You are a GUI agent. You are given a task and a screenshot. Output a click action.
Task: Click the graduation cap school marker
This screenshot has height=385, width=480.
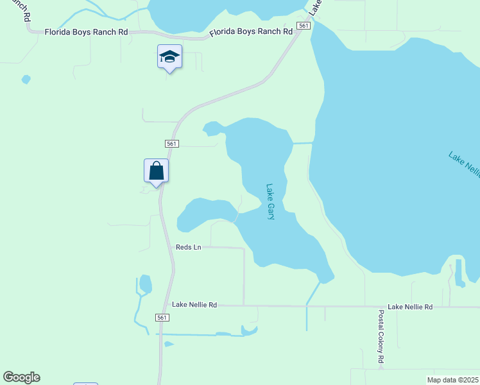pyautogui.click(x=169, y=57)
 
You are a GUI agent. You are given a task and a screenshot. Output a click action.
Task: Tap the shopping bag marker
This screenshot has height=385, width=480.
pyautogui.click(x=156, y=171)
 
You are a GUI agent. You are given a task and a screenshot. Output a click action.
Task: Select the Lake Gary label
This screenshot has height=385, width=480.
pyautogui.click(x=270, y=202)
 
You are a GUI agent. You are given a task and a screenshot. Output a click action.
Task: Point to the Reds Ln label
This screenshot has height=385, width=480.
pyautogui.click(x=189, y=247)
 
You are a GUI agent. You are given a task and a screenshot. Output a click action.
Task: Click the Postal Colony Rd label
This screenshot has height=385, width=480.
pyautogui.click(x=381, y=338)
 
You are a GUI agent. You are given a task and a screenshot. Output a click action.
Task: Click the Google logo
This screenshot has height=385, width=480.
pyautogui.click(x=21, y=377)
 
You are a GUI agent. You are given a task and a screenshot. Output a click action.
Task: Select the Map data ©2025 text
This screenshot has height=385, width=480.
pyautogui.click(x=453, y=380)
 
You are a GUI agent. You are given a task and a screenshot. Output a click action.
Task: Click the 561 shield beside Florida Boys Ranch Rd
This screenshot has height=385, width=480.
pyautogui.click(x=304, y=26)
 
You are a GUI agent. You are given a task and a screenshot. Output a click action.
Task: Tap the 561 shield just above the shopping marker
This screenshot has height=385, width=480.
pyautogui.click(x=171, y=144)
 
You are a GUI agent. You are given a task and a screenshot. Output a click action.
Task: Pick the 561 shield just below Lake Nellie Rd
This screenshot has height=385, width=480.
pyautogui.click(x=162, y=318)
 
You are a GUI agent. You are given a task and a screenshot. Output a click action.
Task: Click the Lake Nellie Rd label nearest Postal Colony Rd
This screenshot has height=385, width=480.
pyautogui.click(x=410, y=307)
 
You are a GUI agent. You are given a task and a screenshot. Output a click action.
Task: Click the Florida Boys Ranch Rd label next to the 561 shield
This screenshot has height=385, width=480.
pyautogui.click(x=247, y=31)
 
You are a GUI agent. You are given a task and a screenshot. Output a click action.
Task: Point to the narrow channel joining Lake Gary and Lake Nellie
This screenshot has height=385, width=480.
pyautogui.click(x=302, y=143)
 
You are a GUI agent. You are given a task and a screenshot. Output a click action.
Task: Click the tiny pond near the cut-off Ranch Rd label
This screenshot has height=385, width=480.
pyautogui.click(x=26, y=80)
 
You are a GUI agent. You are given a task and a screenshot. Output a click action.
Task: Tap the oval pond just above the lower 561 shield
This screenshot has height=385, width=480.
pyautogui.click(x=146, y=284)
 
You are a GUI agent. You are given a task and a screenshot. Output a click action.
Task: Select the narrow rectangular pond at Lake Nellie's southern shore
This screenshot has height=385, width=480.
pyautogui.click(x=459, y=272)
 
